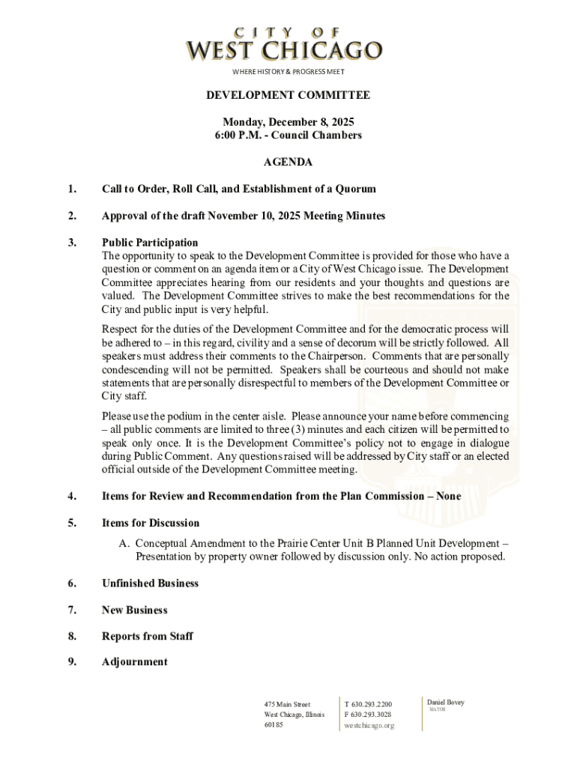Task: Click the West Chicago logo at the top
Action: pos(284,45)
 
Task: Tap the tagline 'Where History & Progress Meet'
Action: pos(288,71)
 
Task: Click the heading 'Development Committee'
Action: pos(288,95)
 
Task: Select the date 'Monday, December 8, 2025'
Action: pos(288,122)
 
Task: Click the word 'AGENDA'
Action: pos(288,162)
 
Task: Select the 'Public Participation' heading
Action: pos(150,243)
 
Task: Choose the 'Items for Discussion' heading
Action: pos(151,523)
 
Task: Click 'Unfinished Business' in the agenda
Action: pos(150,583)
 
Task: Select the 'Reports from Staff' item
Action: pos(148,636)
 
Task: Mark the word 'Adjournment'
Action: pos(135,662)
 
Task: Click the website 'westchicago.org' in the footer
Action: pos(369,726)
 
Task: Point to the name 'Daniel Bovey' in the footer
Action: pos(446,703)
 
